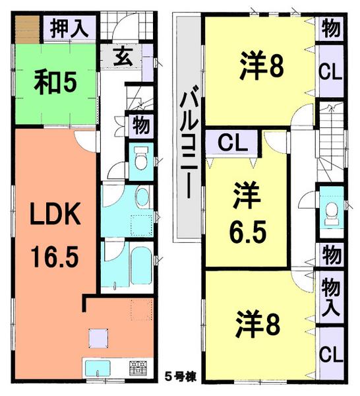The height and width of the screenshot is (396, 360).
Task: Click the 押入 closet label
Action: click(70, 30)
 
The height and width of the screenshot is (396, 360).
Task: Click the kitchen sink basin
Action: click(100, 366)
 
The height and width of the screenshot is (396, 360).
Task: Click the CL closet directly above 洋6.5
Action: click(229, 141)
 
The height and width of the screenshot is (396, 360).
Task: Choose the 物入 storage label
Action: click(331, 296)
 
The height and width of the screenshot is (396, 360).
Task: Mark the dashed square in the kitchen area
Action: click(138, 309)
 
